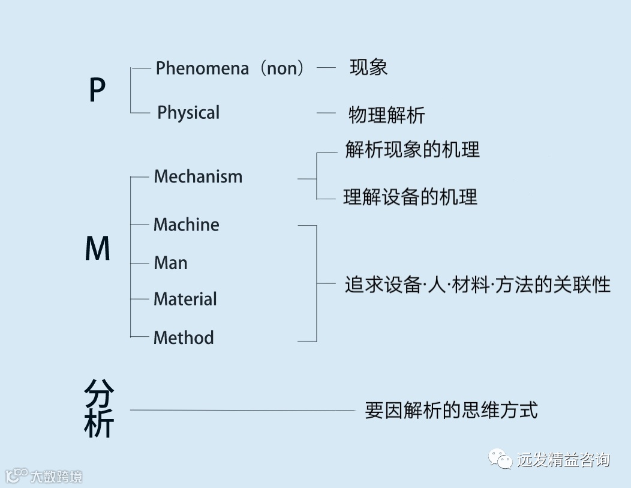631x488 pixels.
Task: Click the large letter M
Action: pos(98,249)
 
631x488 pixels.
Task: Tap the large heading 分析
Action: pos(99,409)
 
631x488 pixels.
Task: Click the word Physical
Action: pos(188,113)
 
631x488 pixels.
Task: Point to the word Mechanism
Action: pos(198,176)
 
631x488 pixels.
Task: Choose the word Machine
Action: pos(187,225)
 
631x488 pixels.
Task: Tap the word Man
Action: pos(170,263)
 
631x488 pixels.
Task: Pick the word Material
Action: pos(185,299)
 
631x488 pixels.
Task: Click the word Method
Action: pos(184,337)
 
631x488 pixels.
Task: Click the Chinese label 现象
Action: pos(368,67)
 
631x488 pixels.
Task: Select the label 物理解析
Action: pos(386,115)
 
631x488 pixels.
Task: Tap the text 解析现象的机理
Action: pos(413,149)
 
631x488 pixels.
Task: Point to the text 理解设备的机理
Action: pos(410,197)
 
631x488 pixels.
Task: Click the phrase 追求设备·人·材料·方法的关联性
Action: pos(477,284)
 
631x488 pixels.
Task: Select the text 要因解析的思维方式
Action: pos(451,411)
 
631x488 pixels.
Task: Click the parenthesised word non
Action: pos(282,68)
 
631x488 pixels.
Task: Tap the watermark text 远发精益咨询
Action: pos(563,460)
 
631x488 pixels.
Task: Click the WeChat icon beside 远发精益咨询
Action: pos(501,459)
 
